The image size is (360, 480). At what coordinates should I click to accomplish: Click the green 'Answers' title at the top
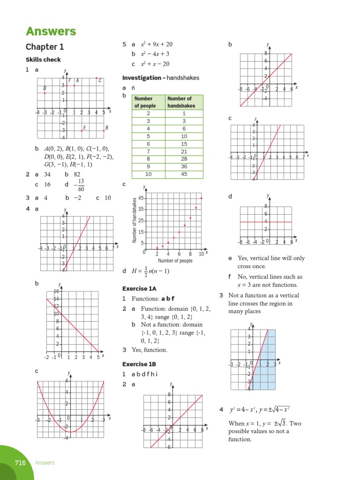tap(51, 31)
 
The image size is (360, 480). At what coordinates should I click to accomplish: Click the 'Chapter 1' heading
tap(45, 47)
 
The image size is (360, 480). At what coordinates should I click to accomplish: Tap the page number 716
tap(20, 463)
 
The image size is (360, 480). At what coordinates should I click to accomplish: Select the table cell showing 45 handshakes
tap(185, 174)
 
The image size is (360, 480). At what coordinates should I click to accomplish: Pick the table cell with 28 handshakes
tap(185, 159)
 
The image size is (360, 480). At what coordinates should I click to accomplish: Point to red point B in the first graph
tap(104, 131)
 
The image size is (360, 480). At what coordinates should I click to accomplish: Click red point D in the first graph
tap(45, 93)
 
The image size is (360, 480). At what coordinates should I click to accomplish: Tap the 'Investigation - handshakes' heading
tap(160, 77)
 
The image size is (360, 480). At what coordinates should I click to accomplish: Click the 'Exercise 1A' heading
tap(139, 288)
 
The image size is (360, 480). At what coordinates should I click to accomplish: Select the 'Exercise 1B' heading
tap(139, 364)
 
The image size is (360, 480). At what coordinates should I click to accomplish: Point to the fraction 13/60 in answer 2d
tap(81, 185)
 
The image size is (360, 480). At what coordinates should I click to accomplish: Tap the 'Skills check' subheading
tap(43, 60)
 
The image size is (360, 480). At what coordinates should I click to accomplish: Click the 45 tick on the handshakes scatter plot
tap(141, 198)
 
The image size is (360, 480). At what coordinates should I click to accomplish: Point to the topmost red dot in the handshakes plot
tap(202, 198)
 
